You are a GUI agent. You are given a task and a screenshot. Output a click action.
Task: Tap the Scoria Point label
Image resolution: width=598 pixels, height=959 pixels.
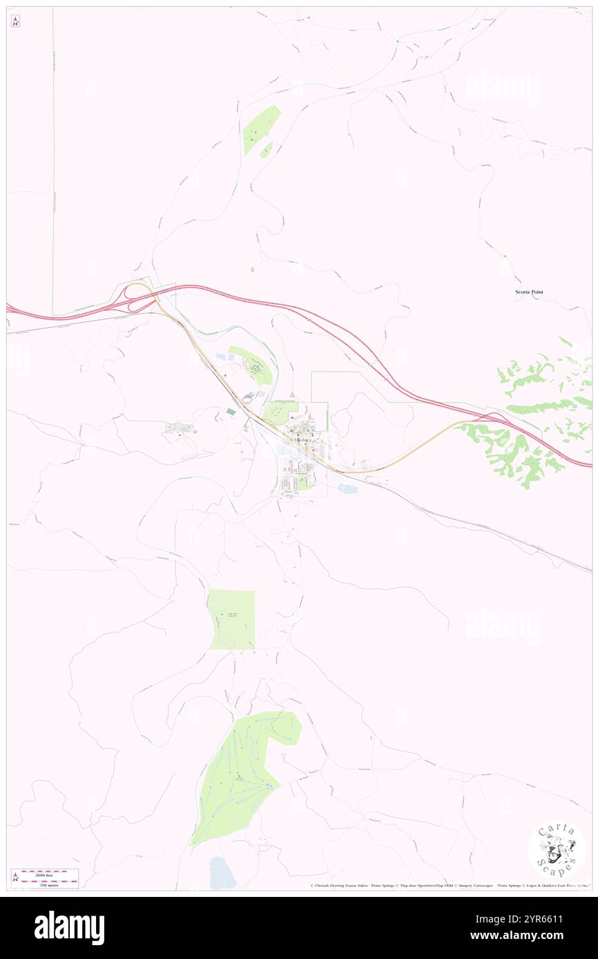(529, 292)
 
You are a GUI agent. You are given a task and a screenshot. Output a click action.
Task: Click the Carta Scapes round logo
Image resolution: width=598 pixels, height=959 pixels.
(557, 850)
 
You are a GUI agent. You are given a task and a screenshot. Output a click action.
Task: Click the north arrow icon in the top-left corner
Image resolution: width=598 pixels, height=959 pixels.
(15, 21)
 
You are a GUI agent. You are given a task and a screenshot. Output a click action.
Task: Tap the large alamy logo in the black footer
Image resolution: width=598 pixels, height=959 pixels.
(69, 927)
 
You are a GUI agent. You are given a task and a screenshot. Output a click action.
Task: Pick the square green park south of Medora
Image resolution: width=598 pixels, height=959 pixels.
(231, 619)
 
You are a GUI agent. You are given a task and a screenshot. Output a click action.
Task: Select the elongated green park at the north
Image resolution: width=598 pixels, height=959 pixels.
(261, 129)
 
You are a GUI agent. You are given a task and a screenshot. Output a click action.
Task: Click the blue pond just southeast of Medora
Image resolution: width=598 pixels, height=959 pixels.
(347, 488)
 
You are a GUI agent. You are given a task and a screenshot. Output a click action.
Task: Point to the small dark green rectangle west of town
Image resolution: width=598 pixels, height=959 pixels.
(231, 411)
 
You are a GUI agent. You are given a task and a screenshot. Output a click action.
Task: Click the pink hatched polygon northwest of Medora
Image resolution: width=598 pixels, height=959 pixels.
(248, 398)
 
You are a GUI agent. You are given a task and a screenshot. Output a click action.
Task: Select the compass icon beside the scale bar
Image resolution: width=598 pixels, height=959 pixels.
(15, 878)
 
